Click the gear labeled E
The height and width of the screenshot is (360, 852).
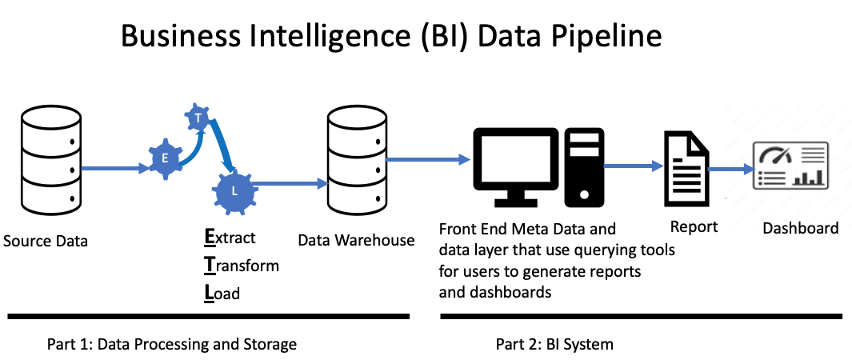165,158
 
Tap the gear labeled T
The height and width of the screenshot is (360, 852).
198,118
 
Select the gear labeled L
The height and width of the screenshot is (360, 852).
234,192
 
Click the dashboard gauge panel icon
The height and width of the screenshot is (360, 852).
790,166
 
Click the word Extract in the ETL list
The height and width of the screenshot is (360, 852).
230,238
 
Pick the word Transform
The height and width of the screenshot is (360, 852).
242,266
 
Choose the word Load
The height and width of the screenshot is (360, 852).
222,294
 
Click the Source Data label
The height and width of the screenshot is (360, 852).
46,241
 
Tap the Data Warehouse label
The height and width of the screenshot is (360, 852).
356,240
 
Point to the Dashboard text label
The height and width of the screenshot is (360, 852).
800,228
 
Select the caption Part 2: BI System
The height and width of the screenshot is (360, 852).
554,345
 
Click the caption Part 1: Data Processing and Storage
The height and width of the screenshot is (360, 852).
170,345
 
